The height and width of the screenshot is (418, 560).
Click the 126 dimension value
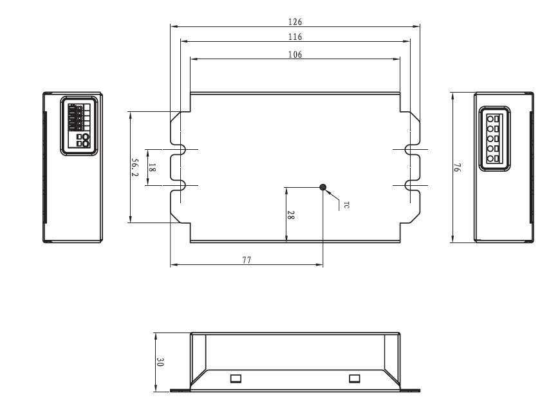[x=295, y=21]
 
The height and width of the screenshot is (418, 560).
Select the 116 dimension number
[x=295, y=37]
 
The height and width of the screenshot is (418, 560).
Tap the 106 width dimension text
[x=295, y=54]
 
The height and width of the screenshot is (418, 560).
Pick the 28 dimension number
[x=291, y=215]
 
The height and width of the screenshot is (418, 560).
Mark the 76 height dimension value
[x=456, y=168]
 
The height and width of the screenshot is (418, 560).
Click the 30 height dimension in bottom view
[x=160, y=362]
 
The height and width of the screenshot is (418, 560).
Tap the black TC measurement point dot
[x=323, y=187]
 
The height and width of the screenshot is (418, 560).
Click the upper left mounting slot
[x=180, y=149]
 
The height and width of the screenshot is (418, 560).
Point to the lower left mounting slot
[x=180, y=186]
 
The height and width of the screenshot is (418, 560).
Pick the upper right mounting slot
[x=410, y=149]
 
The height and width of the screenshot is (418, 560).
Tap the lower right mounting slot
[x=410, y=186]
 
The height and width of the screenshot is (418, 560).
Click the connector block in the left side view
[x=79, y=125]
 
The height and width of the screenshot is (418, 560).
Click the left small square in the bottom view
[x=236, y=378]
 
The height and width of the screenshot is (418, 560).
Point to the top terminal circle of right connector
[x=490, y=119]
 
